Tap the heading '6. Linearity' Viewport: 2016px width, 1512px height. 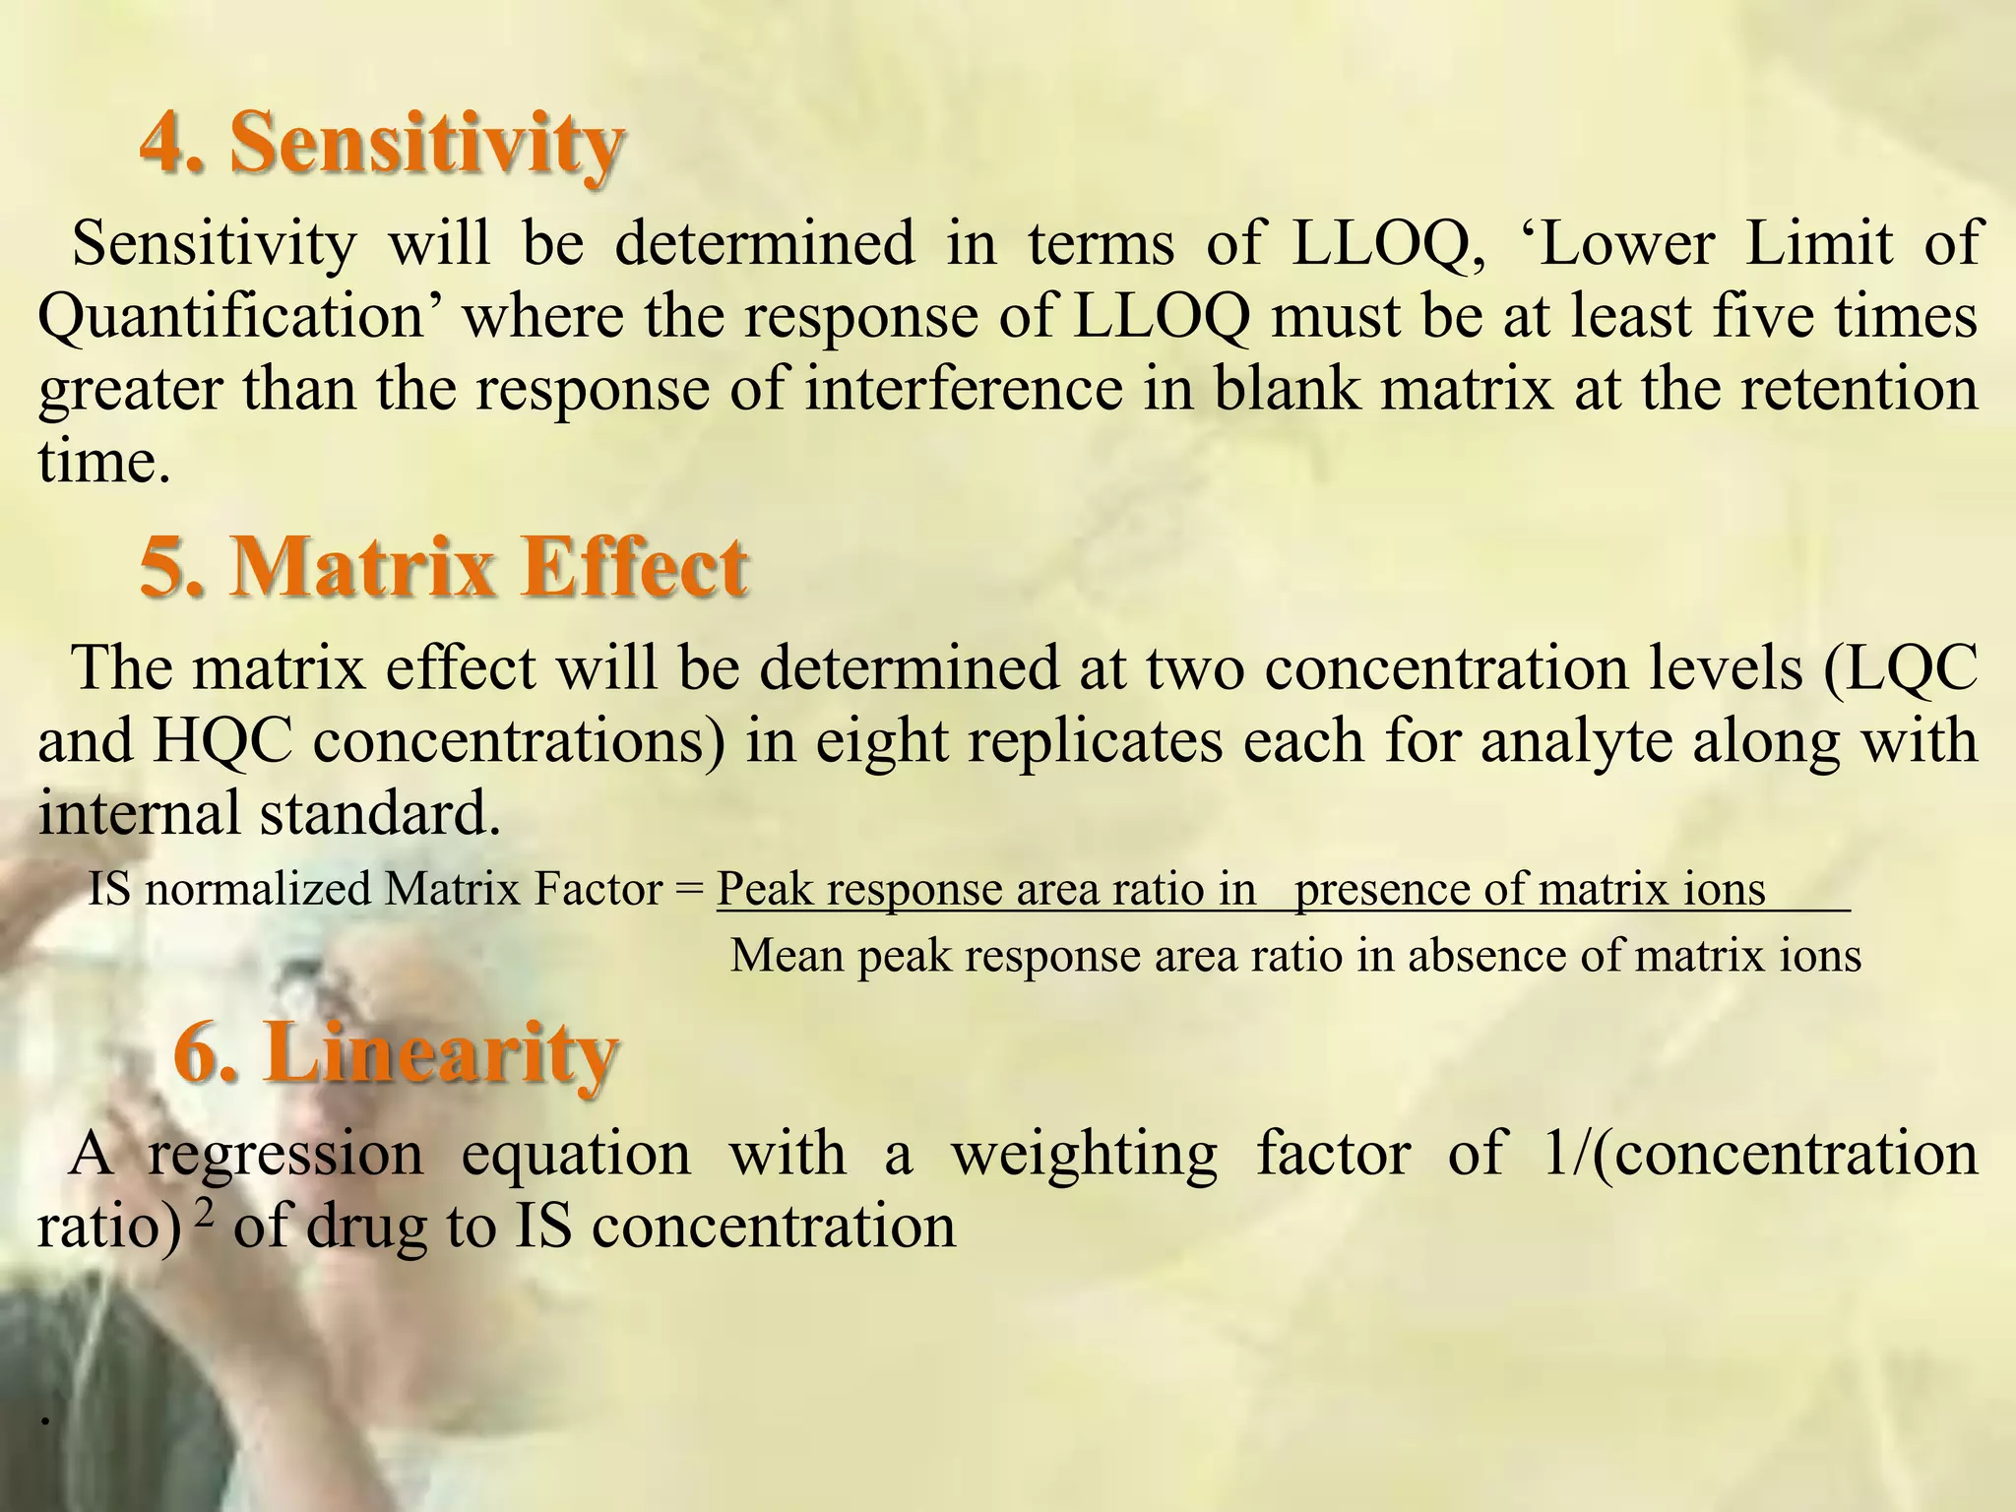pyautogui.click(x=396, y=1052)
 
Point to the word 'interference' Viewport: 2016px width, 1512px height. pyautogui.click(x=964, y=388)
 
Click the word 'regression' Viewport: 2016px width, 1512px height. pyautogui.click(x=285, y=1153)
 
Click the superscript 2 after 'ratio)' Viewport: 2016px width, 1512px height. pyautogui.click(x=205, y=1211)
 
